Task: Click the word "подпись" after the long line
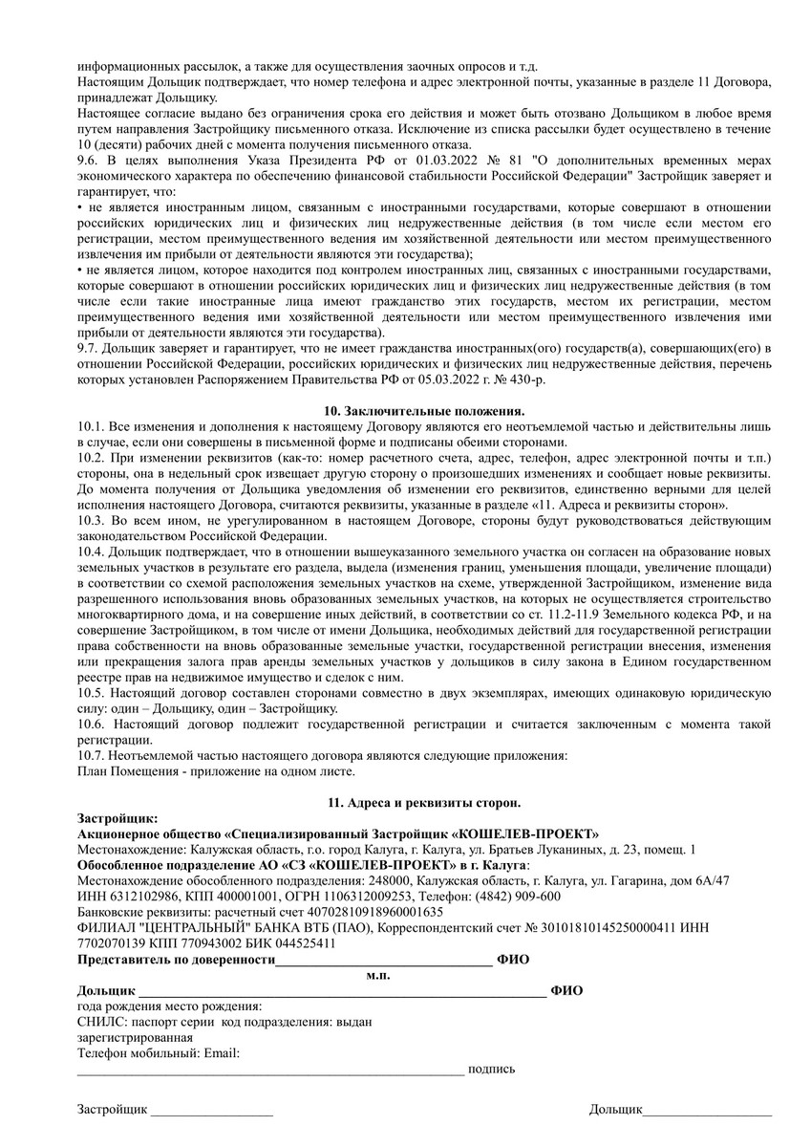coord(491,1069)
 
